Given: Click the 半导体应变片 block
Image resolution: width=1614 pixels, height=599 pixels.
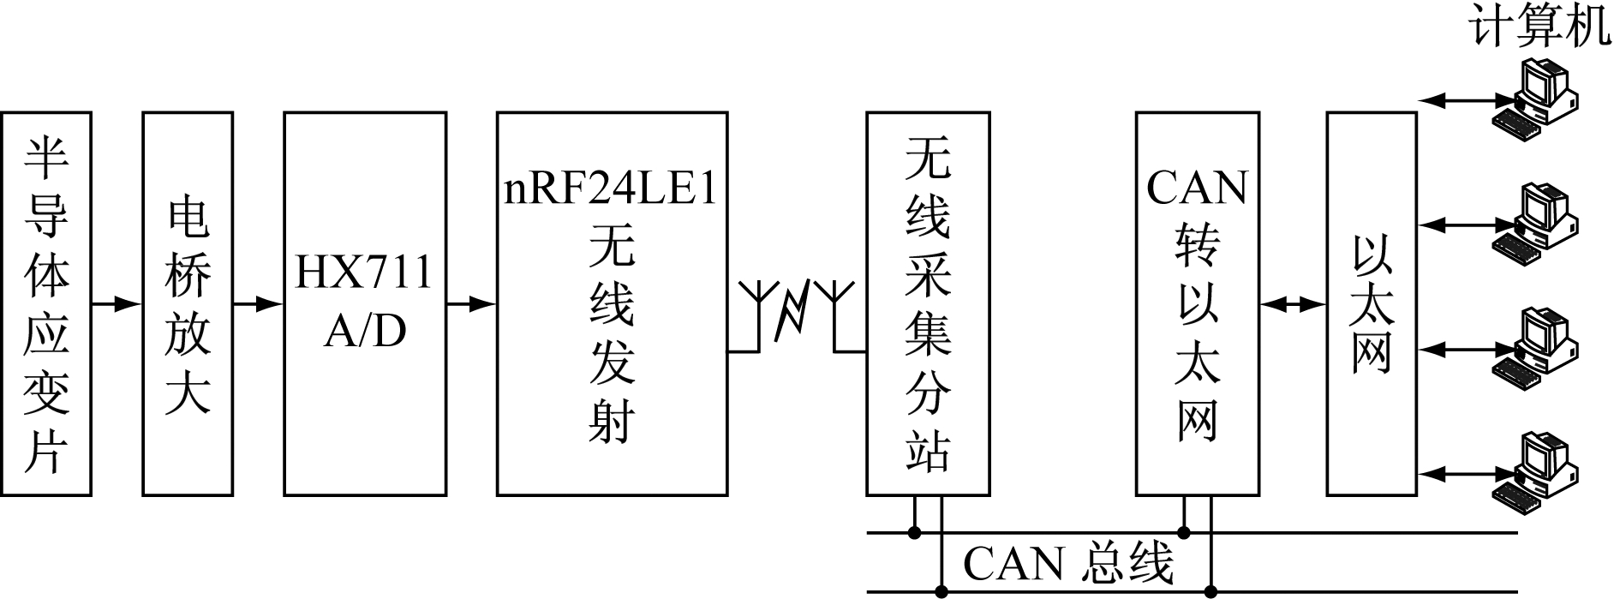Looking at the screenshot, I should pyautogui.click(x=46, y=303).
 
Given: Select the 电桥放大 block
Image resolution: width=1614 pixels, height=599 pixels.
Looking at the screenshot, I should pyautogui.click(x=188, y=303).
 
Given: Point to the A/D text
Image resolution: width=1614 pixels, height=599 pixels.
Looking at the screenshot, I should pyautogui.click(x=365, y=331).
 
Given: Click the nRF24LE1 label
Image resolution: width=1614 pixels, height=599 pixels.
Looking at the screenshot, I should pyautogui.click(x=611, y=189).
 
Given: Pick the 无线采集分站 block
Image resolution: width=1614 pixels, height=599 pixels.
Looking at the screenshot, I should pyautogui.click(x=928, y=303).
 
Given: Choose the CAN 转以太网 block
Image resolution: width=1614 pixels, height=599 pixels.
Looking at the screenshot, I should pyautogui.click(x=1197, y=303).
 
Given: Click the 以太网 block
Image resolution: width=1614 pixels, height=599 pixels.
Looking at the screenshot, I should pyautogui.click(x=1371, y=303).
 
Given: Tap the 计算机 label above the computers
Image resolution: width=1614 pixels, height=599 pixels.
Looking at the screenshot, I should pyautogui.click(x=1539, y=27).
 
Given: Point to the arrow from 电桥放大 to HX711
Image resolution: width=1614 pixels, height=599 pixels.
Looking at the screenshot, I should pyautogui.click(x=258, y=303).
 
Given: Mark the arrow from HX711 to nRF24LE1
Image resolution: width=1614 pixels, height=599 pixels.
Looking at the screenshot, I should pyautogui.click(x=471, y=303).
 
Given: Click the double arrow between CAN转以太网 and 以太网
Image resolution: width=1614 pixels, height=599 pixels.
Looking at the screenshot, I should pyautogui.click(x=1293, y=303).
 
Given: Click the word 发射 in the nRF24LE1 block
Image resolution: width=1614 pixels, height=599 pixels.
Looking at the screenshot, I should pyautogui.click(x=611, y=390).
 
